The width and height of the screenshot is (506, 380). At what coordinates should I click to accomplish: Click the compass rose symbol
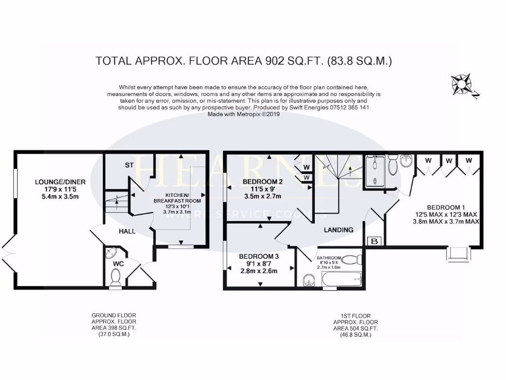tap(463, 85)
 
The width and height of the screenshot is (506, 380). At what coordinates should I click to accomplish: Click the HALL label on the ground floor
tap(126, 231)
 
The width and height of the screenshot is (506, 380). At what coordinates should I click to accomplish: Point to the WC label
tap(118, 264)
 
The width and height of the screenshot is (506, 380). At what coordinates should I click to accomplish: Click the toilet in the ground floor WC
tap(116, 280)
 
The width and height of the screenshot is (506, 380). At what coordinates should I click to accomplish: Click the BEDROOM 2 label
tap(262, 182)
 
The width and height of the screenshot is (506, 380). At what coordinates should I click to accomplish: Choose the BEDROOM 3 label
tap(259, 256)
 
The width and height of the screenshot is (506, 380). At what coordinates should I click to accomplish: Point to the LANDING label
tap(338, 230)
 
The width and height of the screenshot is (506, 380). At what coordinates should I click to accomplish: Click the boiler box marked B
tap(374, 241)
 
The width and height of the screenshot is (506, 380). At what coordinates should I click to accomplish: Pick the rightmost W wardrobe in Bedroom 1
tap(468, 161)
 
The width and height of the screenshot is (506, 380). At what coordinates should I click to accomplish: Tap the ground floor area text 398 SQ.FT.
tap(114, 328)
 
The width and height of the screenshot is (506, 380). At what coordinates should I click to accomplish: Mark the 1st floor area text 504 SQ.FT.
tap(356, 328)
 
